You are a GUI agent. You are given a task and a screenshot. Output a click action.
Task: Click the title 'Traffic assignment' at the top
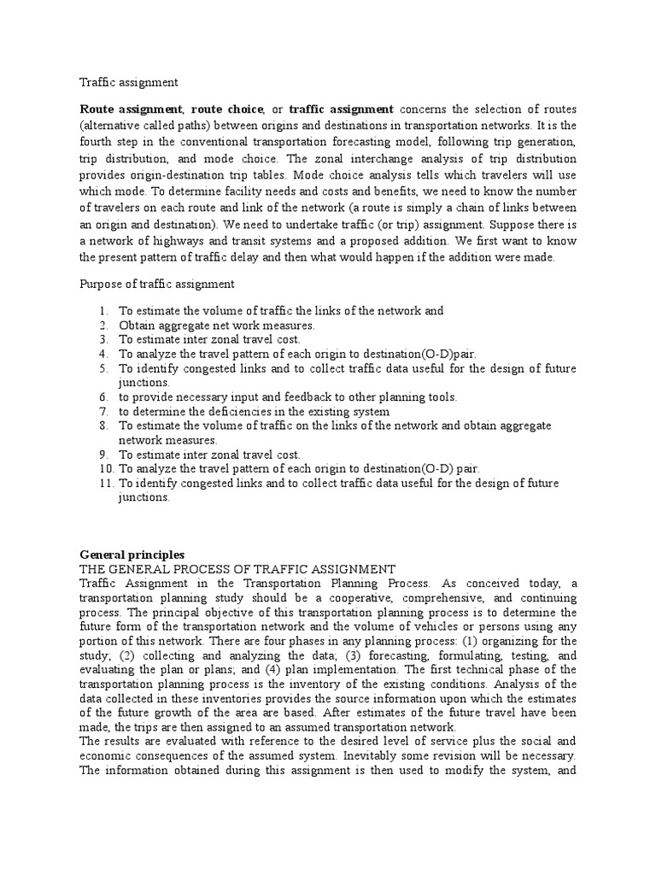129,83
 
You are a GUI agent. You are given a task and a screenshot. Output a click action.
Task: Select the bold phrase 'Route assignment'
131,109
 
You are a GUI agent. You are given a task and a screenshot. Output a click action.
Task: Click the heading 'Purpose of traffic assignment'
157,284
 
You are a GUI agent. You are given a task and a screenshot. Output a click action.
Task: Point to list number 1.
102,311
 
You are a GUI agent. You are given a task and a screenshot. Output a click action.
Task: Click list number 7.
102,411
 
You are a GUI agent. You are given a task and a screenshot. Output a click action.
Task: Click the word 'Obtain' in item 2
136,325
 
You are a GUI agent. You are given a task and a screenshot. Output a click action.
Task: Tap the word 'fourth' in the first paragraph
99,143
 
